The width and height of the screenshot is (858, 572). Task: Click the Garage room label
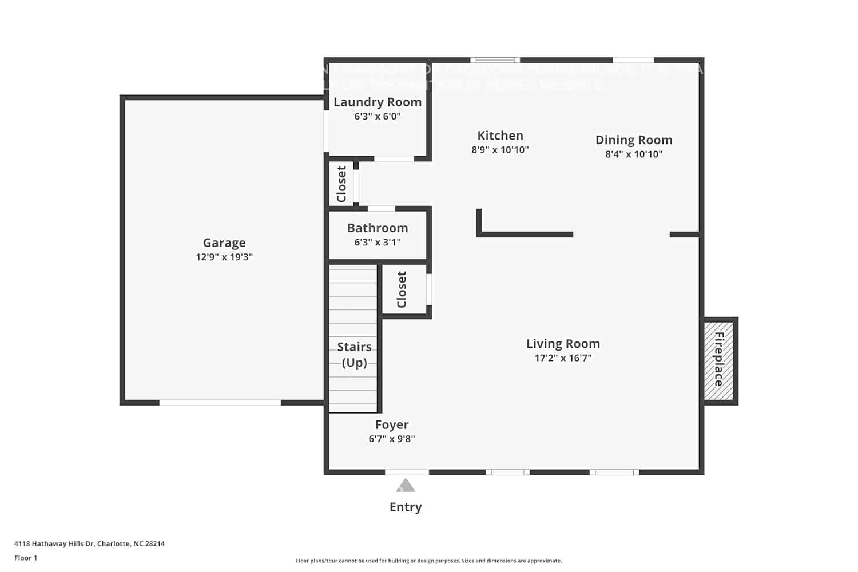point(224,243)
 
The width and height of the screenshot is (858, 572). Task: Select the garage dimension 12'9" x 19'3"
point(224,257)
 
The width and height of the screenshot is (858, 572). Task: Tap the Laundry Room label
point(378,102)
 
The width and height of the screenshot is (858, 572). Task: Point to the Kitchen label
point(500,136)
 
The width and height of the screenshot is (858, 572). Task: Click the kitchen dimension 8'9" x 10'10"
point(500,150)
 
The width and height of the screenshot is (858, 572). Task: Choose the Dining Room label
point(634,140)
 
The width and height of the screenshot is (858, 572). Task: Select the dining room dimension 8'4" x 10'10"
point(634,154)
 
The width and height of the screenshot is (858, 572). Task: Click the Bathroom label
point(378,228)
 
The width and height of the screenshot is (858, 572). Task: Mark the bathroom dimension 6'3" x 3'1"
point(378,243)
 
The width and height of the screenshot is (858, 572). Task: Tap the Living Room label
point(563,344)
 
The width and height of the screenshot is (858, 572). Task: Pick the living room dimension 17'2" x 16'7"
point(563,358)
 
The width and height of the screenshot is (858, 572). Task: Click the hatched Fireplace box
point(719,360)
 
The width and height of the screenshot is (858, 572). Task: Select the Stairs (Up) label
point(354,355)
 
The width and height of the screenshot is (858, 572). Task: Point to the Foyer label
point(392,424)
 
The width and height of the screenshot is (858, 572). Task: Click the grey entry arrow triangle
point(406,486)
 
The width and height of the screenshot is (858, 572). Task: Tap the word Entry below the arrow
point(406,507)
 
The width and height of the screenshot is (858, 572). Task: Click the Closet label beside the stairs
point(402,289)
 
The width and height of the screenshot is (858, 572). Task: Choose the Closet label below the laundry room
point(341,184)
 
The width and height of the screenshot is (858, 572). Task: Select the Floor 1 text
point(26,558)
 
